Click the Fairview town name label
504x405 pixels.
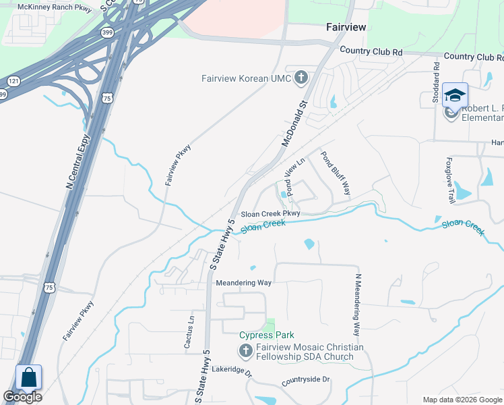(346, 27)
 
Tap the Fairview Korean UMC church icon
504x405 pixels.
(301, 78)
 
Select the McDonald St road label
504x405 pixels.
(294, 124)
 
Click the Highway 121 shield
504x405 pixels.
(13, 82)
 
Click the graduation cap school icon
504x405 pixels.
(455, 95)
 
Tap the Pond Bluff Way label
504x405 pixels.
(335, 173)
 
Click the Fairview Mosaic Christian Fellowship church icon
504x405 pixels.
(246, 351)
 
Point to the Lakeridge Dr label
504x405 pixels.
(231, 371)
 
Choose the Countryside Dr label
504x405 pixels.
(306, 380)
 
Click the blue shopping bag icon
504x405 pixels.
(29, 378)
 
